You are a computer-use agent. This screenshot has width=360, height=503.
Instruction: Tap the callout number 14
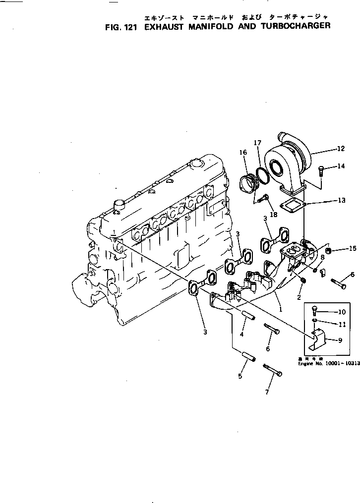341,167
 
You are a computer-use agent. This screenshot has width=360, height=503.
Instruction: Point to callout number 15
353,248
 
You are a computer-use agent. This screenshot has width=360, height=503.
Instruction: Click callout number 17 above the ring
257,143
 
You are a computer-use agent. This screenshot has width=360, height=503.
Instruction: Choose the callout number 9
340,340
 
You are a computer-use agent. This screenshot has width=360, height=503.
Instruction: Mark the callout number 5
240,377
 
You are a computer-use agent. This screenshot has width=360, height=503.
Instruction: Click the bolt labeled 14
320,171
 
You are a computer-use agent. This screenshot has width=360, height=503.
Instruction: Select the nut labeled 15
329,254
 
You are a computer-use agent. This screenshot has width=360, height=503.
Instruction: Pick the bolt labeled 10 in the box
314,311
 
